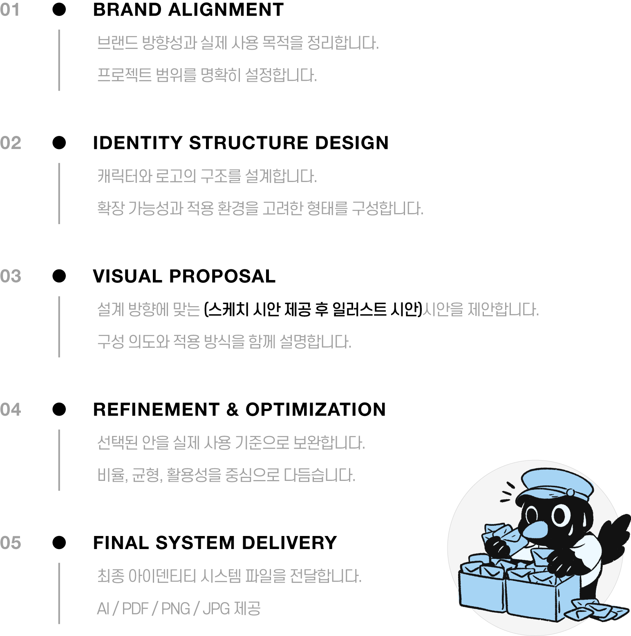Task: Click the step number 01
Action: point(10,10)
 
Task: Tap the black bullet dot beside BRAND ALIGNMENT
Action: point(59,9)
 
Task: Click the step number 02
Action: point(11,143)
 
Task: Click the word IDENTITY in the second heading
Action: point(138,143)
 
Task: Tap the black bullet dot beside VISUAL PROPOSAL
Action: point(59,276)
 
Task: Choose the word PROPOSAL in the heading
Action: point(222,276)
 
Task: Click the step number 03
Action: point(11,276)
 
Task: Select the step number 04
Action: point(11,409)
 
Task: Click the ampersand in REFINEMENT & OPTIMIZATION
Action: point(232,409)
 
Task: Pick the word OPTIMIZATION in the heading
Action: point(315,409)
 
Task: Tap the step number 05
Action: point(11,543)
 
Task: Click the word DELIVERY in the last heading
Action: point(289,543)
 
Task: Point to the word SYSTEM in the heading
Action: point(195,543)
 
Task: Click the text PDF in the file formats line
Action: point(135,609)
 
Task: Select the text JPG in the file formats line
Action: point(216,609)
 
